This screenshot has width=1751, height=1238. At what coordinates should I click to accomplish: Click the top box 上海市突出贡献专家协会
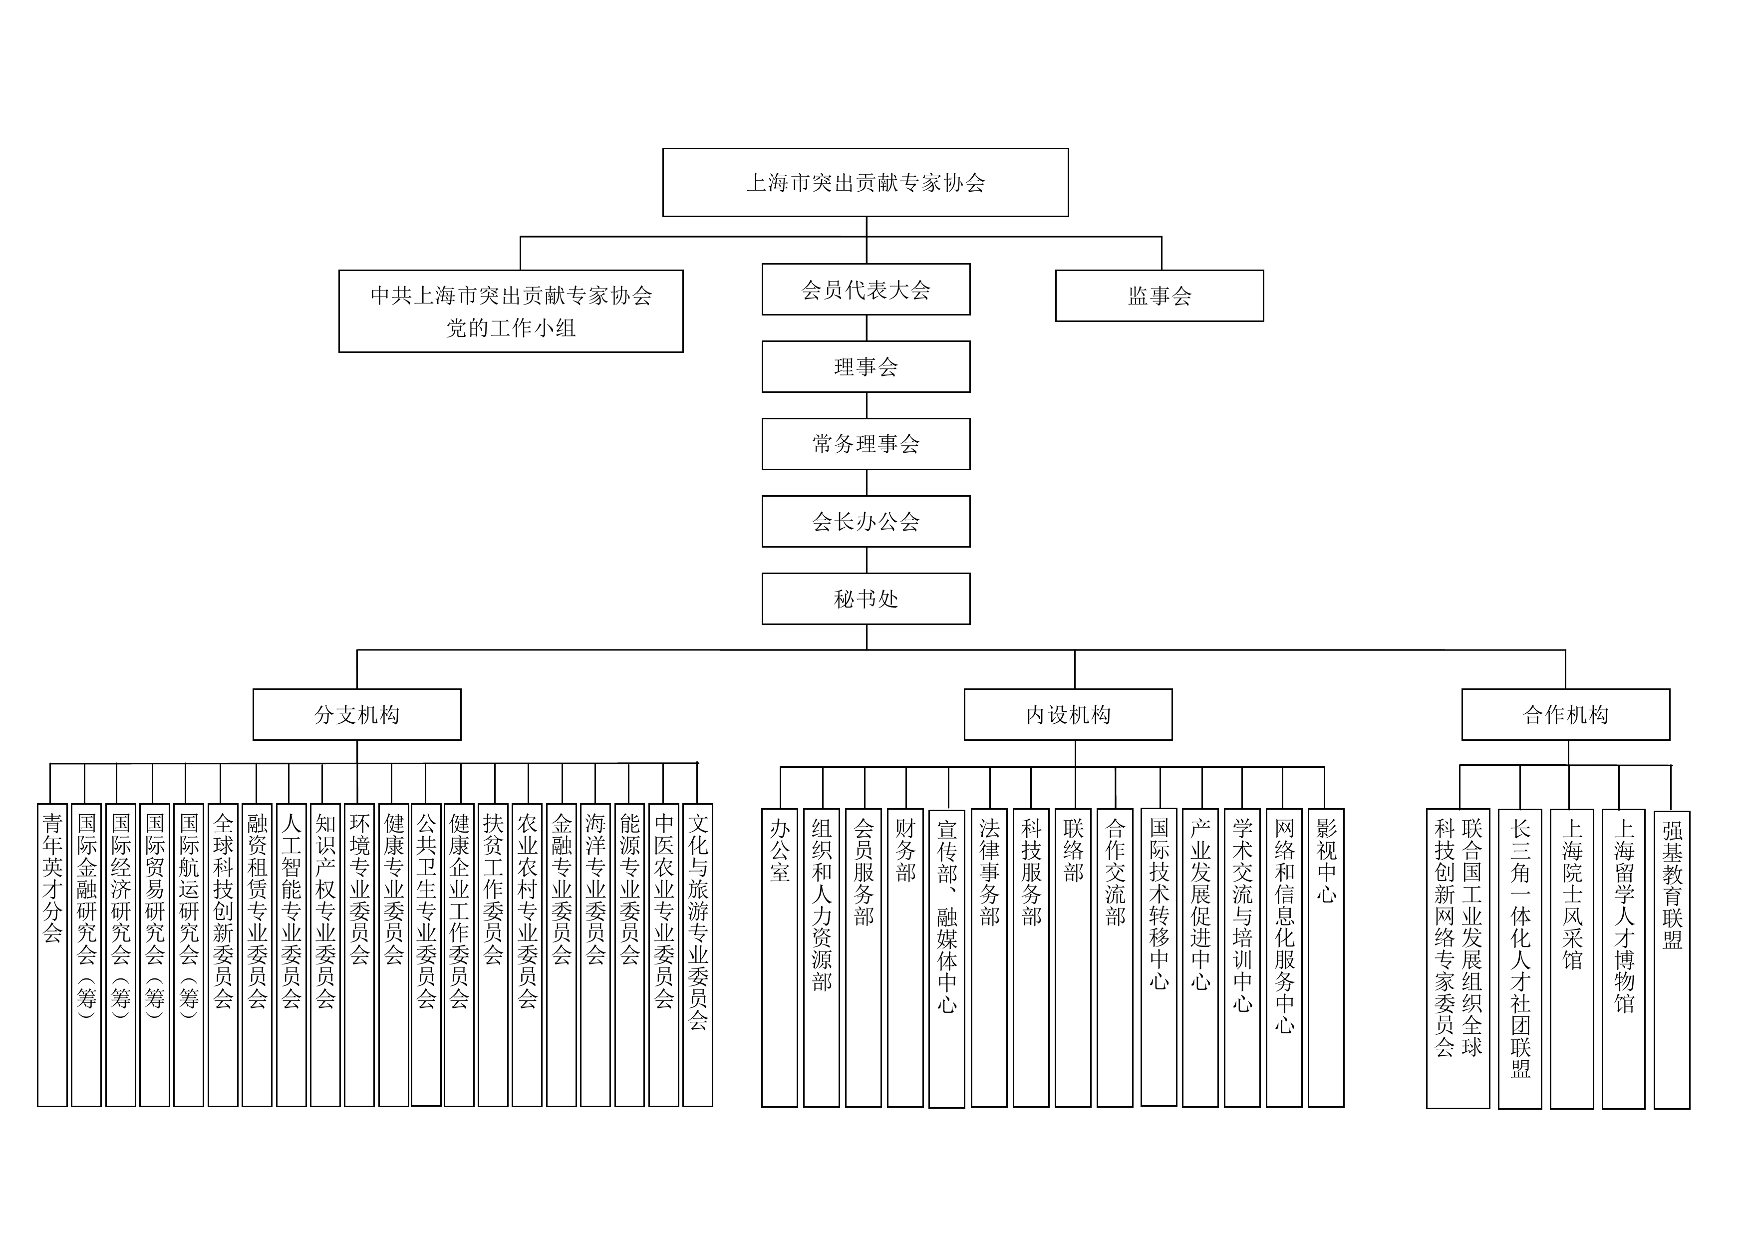[x=865, y=182]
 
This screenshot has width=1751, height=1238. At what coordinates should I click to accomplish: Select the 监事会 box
[x=1159, y=296]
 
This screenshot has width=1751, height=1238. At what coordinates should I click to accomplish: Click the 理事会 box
[x=866, y=367]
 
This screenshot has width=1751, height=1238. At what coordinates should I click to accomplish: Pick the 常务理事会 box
[x=866, y=444]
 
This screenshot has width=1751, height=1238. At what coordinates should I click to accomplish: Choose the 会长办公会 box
[x=866, y=522]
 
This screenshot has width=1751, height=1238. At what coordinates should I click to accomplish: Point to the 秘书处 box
[x=866, y=600]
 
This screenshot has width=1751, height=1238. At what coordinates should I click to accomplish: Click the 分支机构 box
[x=357, y=715]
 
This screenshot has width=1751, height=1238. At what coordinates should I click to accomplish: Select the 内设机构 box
[x=1068, y=715]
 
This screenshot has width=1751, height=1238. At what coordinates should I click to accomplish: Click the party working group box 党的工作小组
[x=511, y=311]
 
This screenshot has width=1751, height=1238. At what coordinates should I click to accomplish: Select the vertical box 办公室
[x=779, y=957]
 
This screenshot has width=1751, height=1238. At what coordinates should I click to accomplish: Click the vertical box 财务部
[x=905, y=957]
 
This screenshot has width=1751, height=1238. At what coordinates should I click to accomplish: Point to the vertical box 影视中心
[x=1325, y=957]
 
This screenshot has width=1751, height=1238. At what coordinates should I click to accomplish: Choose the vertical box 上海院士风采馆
[x=1572, y=959]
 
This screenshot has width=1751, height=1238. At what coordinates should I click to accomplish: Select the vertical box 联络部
[x=1073, y=957]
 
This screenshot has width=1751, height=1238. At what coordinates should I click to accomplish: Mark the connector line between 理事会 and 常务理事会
[x=867, y=405]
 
